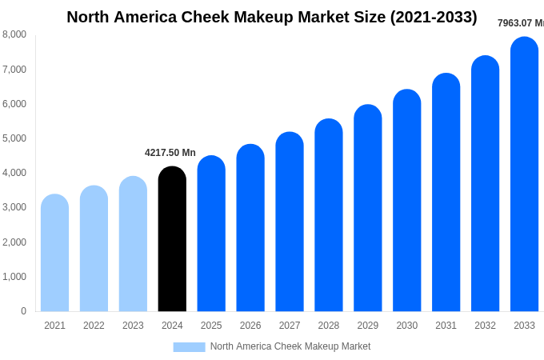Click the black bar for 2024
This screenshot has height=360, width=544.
[x=172, y=239]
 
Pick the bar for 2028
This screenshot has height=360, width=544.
[x=329, y=215]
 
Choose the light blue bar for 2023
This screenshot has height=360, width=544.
[x=133, y=244]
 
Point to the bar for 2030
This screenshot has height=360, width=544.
[x=406, y=201]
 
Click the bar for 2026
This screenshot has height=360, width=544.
[x=250, y=228]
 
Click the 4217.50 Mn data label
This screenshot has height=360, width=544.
[x=170, y=153]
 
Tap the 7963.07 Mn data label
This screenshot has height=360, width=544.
[x=520, y=23]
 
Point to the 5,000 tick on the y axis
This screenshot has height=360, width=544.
[x=14, y=138]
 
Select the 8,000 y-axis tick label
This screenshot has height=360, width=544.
[x=14, y=34]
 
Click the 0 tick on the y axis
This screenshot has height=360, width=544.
[x=23, y=311]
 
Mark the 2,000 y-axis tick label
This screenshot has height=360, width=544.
[x=14, y=242]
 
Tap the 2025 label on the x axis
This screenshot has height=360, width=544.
[x=211, y=326]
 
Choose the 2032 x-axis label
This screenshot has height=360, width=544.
[x=485, y=326]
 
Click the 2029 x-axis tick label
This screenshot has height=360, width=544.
[x=368, y=326]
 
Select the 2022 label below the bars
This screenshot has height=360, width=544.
[x=94, y=326]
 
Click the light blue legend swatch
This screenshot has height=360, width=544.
[x=189, y=347]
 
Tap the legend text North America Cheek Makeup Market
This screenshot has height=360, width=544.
[x=290, y=346]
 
